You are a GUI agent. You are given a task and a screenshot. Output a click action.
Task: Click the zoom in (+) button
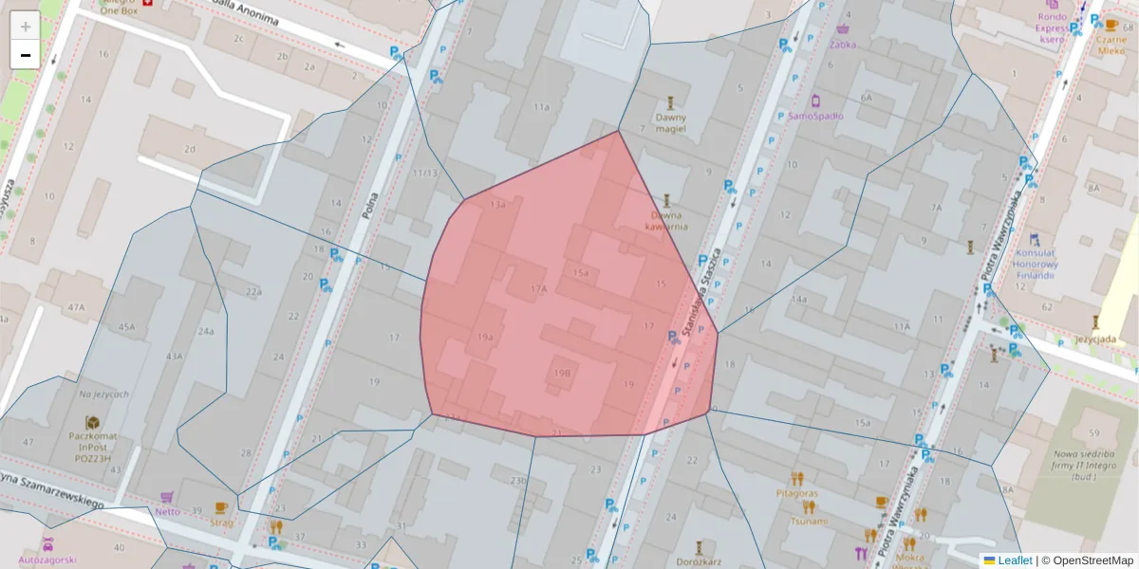click(x=26, y=26)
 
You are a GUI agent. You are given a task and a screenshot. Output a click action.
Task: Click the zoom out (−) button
click(x=26, y=55)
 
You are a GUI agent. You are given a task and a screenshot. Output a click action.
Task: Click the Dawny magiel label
click(x=670, y=123)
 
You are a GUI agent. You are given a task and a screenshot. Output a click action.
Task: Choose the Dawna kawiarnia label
click(x=666, y=220)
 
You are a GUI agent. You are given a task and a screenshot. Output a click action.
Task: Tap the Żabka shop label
click(x=842, y=44)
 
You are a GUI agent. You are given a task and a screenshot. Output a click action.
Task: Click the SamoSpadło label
click(x=815, y=116)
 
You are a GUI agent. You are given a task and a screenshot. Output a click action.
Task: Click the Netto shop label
click(x=167, y=511)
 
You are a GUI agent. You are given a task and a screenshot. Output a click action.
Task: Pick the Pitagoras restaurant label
click(x=796, y=493)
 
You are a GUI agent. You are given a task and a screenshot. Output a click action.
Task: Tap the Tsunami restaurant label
click(x=809, y=521)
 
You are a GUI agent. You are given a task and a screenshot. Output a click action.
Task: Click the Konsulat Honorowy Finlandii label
click(x=1035, y=264)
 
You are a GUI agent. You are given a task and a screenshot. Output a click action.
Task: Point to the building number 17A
click(x=539, y=288)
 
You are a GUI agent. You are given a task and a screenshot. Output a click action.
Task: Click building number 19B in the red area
click(x=561, y=374)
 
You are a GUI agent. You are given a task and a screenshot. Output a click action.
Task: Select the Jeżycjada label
click(x=1095, y=338)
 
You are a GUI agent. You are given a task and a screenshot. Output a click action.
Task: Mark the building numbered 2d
click(x=190, y=149)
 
